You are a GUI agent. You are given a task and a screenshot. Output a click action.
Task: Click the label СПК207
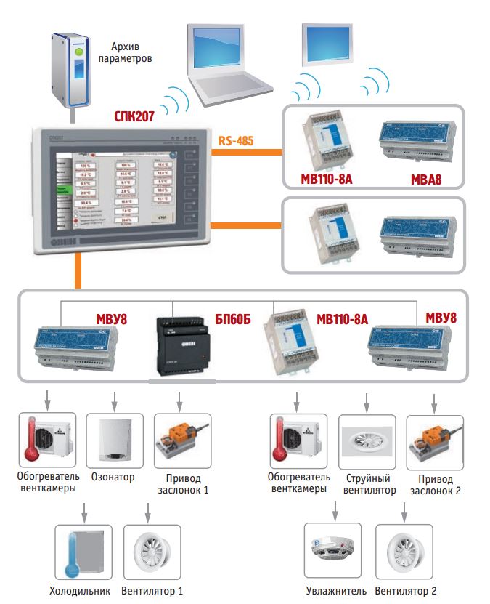click(x=134, y=116)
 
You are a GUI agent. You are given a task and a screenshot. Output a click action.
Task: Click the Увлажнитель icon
click(x=332, y=550)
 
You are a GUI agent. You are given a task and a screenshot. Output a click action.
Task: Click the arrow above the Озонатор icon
click(x=113, y=400)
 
